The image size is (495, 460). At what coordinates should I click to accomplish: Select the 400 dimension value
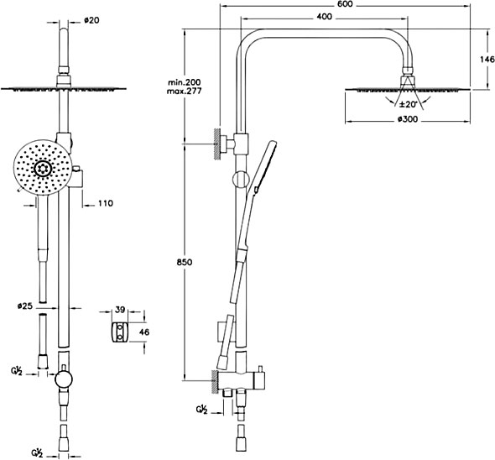tap(324, 17)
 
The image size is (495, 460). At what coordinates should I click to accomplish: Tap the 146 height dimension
tap(487, 59)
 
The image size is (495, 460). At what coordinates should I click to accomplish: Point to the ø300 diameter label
tap(407, 119)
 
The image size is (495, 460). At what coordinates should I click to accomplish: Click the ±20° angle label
tap(409, 104)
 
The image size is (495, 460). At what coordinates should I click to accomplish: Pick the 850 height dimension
tap(185, 262)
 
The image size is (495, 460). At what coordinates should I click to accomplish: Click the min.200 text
tap(184, 82)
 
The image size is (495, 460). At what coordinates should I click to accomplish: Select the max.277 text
tap(184, 91)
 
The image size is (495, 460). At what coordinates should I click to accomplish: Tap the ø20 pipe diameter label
tap(91, 20)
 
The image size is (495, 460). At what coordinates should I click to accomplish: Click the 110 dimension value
tap(105, 203)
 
